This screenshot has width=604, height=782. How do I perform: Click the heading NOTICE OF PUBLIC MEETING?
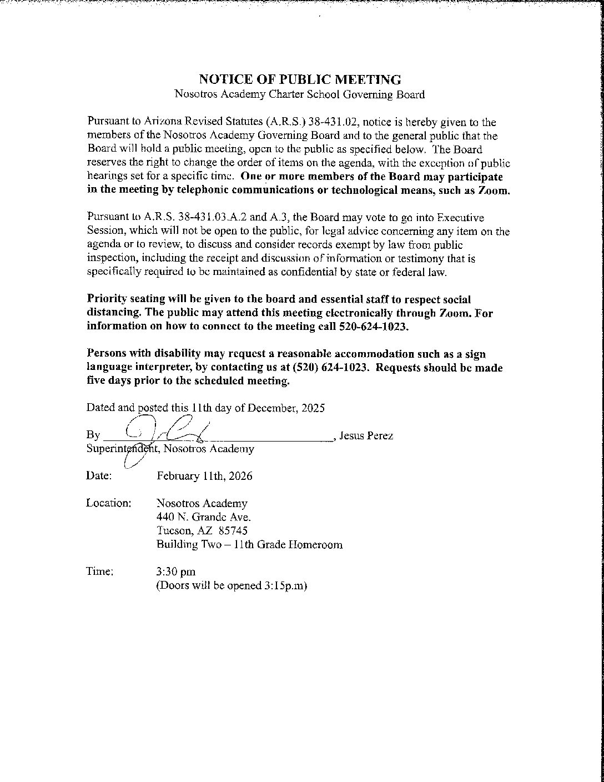(x=300, y=79)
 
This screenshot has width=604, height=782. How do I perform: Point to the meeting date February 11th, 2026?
(x=204, y=476)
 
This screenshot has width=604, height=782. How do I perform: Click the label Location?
(x=109, y=503)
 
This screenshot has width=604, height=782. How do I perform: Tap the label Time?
(x=100, y=572)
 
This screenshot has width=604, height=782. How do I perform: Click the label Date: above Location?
(x=99, y=476)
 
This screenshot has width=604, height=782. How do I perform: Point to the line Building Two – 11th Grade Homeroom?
(x=249, y=544)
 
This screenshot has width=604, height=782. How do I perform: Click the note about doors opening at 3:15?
(x=232, y=585)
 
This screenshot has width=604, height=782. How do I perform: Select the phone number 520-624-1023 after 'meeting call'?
(x=373, y=327)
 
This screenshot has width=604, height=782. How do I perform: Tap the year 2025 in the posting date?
(x=313, y=408)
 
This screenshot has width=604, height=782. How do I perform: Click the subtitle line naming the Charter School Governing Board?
(x=300, y=94)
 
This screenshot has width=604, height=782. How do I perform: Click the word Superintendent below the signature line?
(x=119, y=449)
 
